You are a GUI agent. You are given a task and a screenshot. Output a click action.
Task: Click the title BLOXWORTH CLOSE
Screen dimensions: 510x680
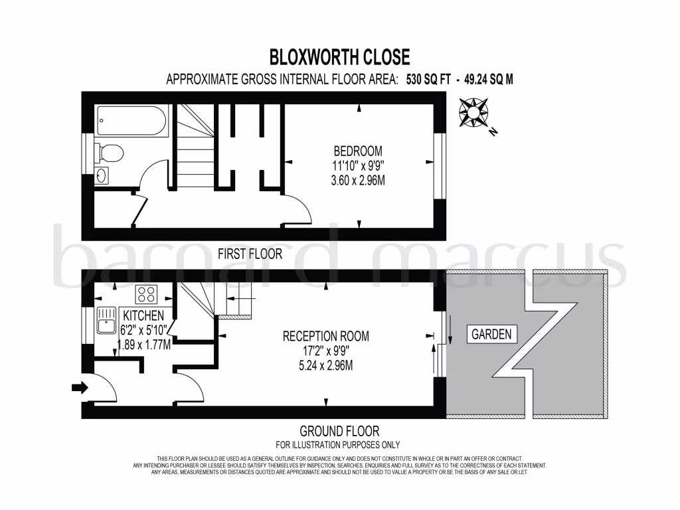pos(339,56)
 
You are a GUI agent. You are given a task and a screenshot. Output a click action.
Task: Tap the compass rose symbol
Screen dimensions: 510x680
pos(474,112)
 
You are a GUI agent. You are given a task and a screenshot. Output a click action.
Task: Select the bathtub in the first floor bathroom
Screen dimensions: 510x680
pos(129,120)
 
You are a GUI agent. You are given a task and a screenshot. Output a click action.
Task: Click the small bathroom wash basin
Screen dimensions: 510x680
pos(102,175)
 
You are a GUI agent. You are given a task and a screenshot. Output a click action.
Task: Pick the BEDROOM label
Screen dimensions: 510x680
pos(358,151)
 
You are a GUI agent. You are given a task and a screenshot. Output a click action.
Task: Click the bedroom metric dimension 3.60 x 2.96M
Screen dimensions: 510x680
pos(359,179)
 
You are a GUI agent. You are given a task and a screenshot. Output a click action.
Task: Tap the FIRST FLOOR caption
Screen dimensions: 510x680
pos(250,254)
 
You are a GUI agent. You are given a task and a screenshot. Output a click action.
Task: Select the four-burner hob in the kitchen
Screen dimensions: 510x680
pos(145,294)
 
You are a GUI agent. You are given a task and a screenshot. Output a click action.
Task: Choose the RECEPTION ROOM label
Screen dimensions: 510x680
pos(325,336)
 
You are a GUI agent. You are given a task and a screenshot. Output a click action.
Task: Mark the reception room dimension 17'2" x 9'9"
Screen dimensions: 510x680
pos(325,351)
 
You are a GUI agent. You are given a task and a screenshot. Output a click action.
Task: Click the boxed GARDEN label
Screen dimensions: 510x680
pos(492,334)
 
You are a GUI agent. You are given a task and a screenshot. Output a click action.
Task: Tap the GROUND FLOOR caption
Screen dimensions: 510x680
pos(339,431)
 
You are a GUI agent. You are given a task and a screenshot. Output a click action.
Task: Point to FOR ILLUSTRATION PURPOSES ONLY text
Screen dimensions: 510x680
pos(338,444)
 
